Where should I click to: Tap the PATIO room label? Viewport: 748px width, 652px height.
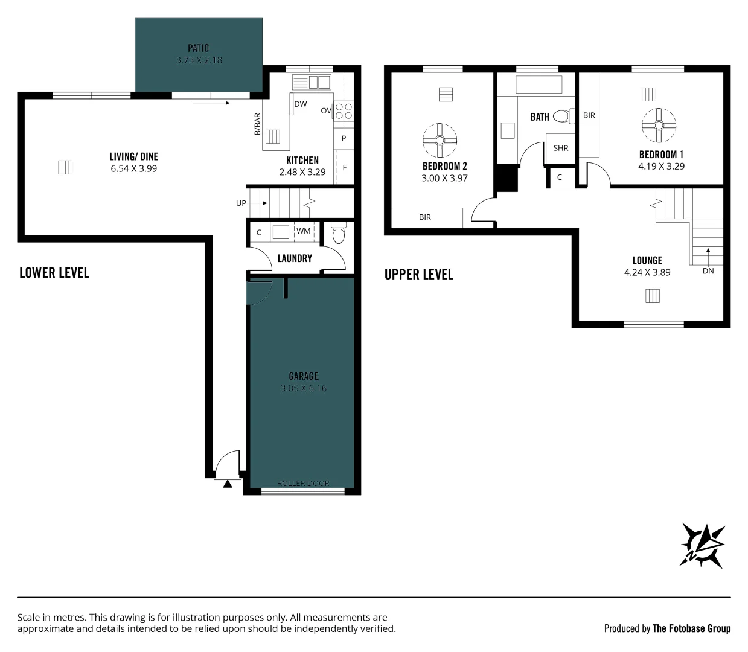point(198,48)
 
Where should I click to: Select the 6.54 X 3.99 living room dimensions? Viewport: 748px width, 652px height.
point(134,168)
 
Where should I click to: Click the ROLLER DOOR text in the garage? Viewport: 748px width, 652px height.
point(303,483)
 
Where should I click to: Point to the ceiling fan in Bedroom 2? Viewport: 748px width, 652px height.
point(440,140)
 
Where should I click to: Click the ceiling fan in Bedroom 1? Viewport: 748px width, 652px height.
point(659,126)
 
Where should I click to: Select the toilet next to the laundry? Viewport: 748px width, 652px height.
point(339,232)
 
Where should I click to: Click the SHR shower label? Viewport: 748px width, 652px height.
point(561,148)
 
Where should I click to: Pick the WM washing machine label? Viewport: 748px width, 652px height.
point(304,231)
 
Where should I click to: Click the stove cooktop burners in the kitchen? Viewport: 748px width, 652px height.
point(344,111)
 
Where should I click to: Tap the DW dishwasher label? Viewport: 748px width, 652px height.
point(301,104)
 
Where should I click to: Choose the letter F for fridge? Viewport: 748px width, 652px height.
point(344,168)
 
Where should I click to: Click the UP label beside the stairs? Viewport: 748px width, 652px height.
point(241,203)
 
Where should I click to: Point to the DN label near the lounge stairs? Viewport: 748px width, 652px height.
point(708,271)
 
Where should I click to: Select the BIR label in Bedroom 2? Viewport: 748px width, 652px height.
point(425,217)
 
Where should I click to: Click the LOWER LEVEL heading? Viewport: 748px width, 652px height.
point(54,273)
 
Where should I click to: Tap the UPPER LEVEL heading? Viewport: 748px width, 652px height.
point(418,275)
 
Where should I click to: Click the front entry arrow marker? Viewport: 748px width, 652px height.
point(228,484)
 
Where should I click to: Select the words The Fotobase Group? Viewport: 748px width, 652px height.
point(691,628)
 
